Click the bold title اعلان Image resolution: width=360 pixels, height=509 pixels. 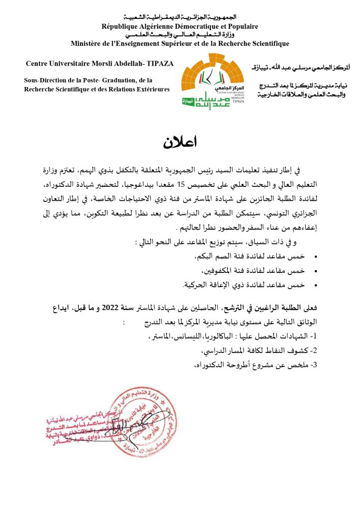click(x=180, y=143)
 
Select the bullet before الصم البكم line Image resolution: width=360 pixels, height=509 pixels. click(x=316, y=257)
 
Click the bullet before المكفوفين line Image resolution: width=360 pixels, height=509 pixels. click(x=316, y=271)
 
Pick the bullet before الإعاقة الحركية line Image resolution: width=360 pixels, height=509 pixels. click(x=316, y=285)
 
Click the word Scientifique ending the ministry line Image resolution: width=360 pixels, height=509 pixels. click(x=268, y=43)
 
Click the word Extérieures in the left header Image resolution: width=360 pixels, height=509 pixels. click(x=150, y=89)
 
